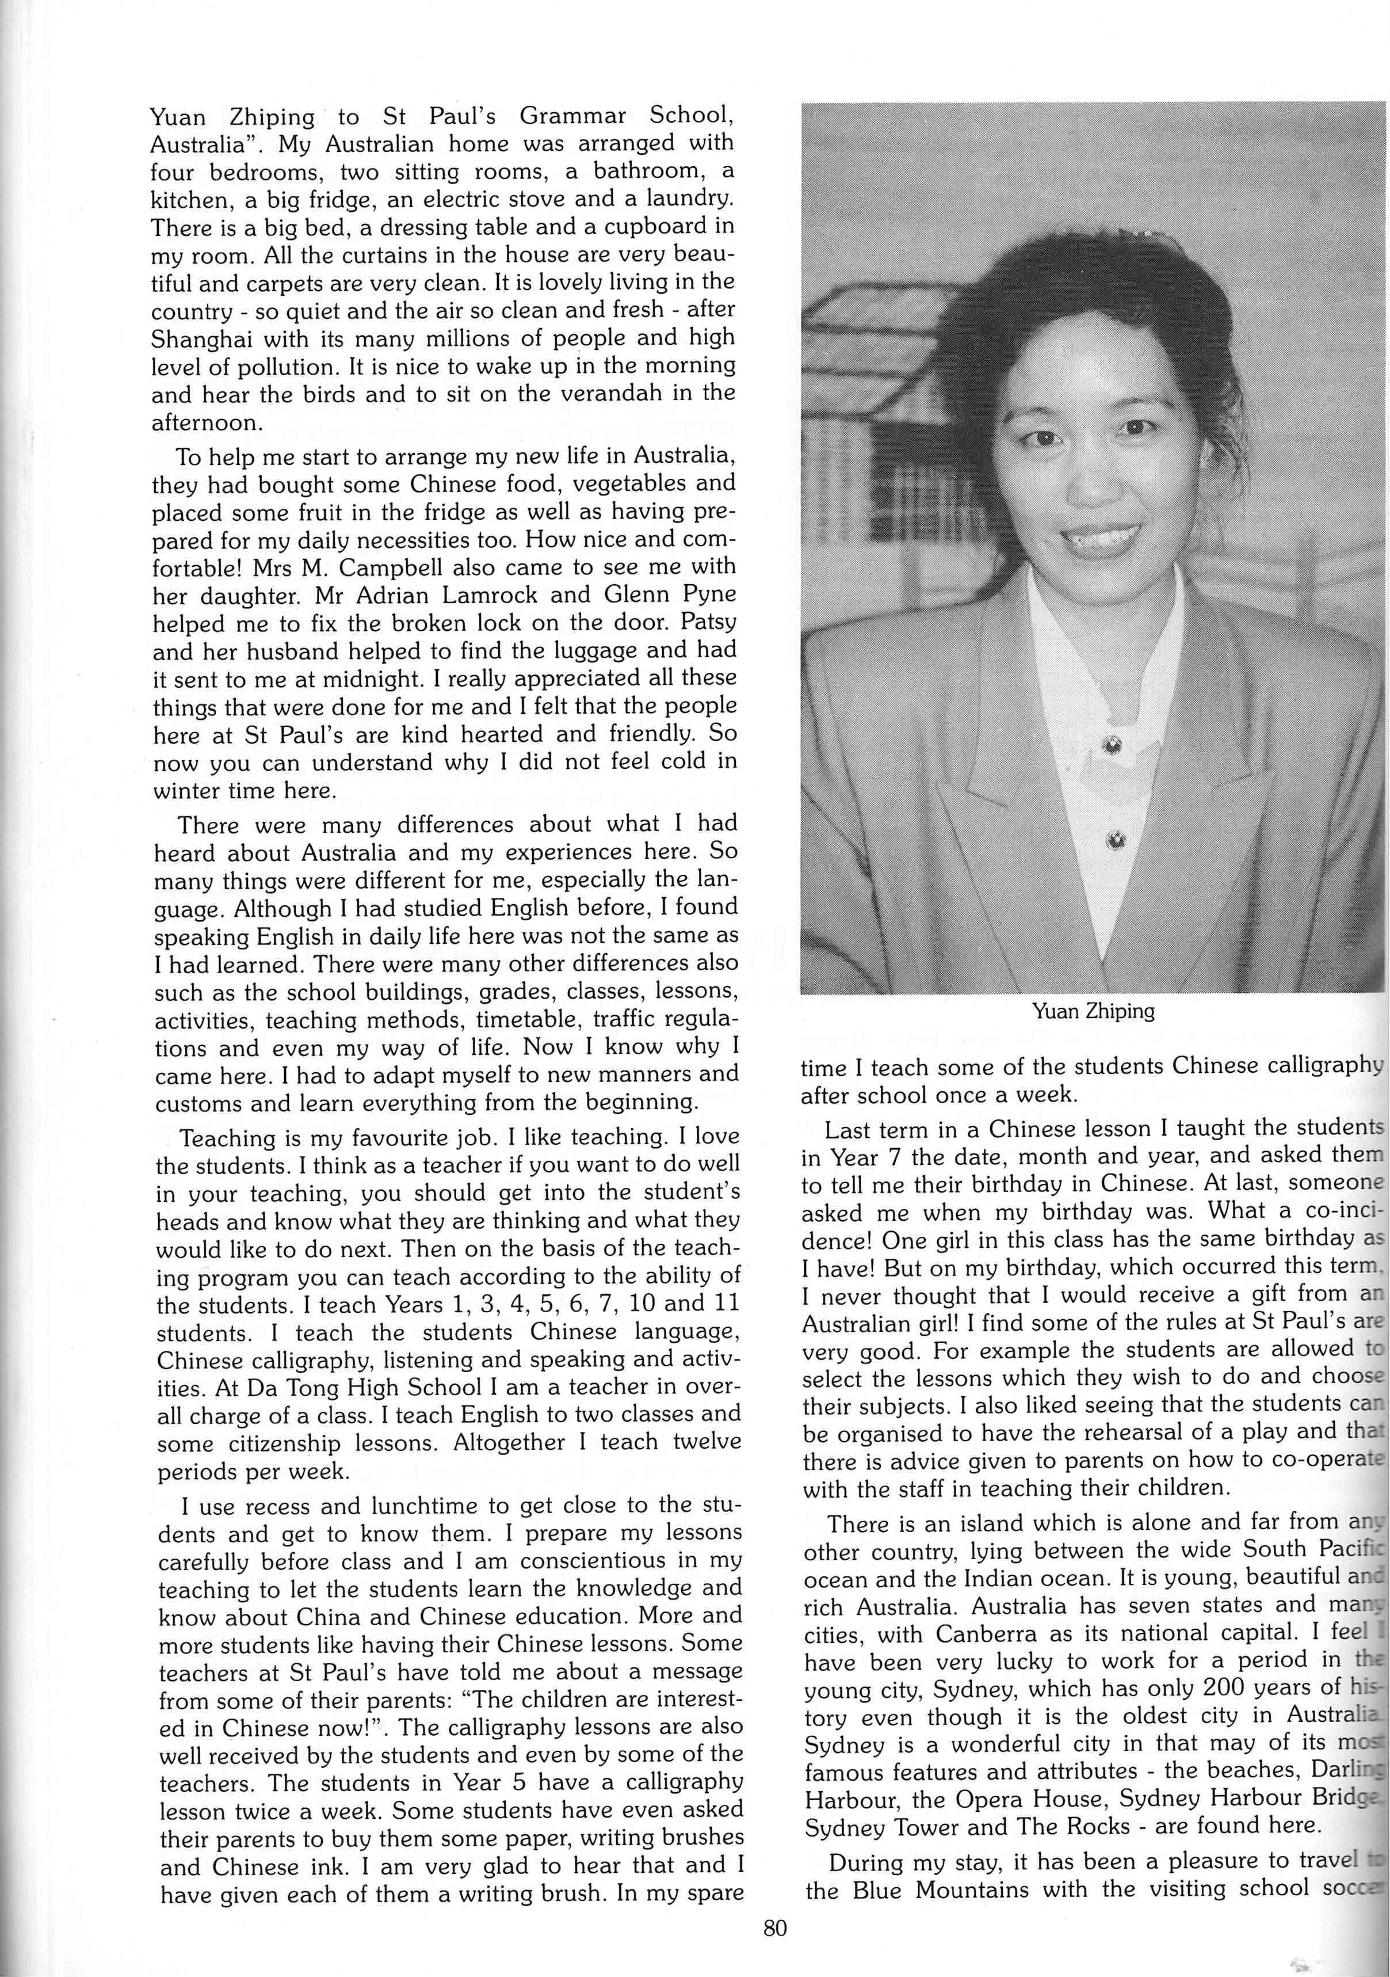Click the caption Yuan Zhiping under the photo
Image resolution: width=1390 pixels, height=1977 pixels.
coord(1093,1011)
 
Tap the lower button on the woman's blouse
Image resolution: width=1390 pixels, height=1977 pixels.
coord(1116,840)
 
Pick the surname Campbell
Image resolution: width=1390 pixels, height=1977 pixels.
coord(380,566)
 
